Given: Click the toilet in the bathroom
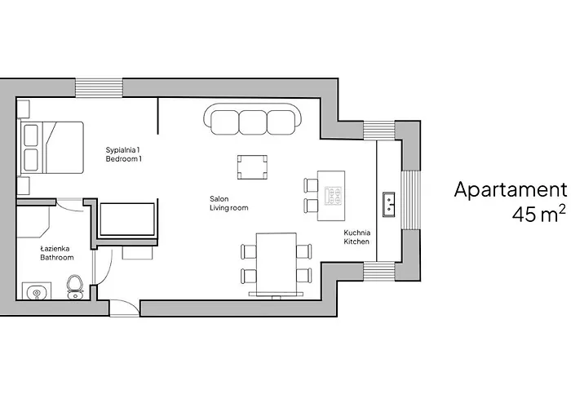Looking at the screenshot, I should click(x=75, y=286).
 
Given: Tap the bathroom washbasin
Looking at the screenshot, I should click(x=35, y=291).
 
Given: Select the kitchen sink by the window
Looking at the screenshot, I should click(x=389, y=202).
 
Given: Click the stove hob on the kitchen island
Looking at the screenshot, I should click(x=334, y=196).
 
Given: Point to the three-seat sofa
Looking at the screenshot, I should click(x=252, y=121).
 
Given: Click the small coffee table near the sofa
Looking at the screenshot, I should click(x=252, y=166).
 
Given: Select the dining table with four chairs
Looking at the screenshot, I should click(x=276, y=261).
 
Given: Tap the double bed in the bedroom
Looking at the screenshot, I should click(x=53, y=148).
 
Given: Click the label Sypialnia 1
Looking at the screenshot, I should click(x=123, y=149).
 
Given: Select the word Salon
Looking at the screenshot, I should click(x=219, y=198).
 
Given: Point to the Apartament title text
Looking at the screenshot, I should click(x=509, y=190).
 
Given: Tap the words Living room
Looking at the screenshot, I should click(x=228, y=208).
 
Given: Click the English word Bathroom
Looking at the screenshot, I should click(x=57, y=257).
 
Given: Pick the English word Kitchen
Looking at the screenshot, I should click(x=357, y=242).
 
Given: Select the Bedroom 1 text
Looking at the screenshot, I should click(x=123, y=159).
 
